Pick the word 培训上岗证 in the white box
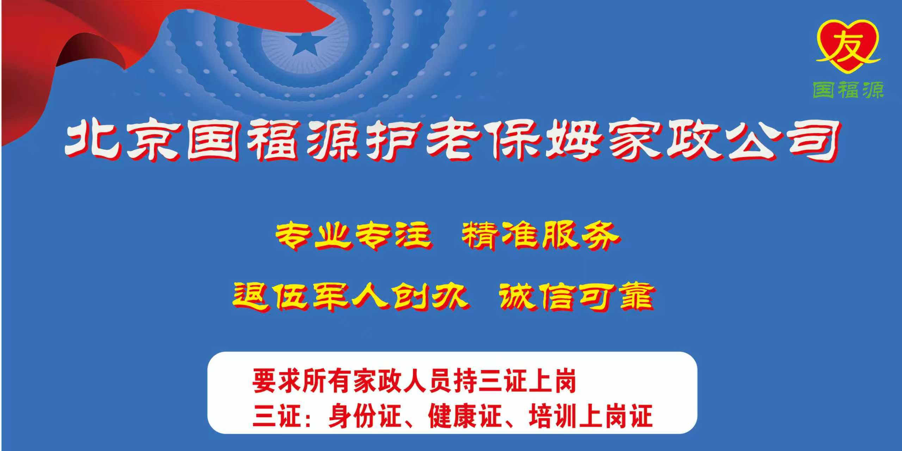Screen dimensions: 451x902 click(x=591, y=416)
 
